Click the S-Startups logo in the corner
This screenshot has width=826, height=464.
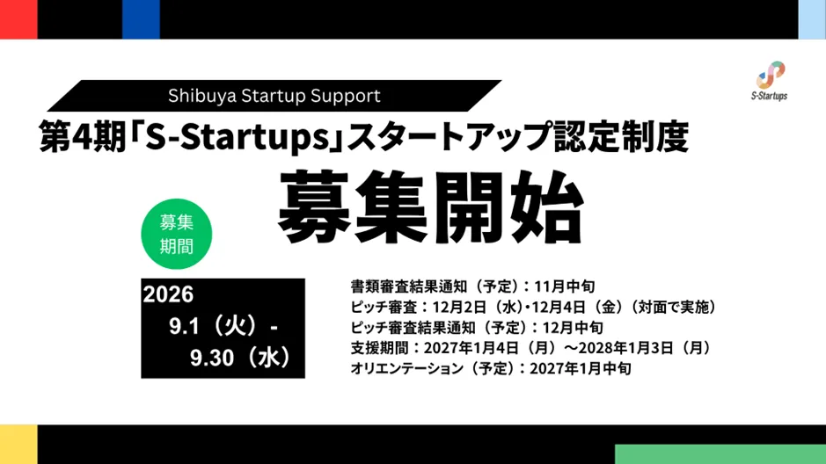(x=770, y=81)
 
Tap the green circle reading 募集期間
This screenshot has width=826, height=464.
(x=177, y=234)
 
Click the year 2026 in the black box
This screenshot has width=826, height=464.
(x=169, y=294)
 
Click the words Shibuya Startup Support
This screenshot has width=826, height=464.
(x=274, y=96)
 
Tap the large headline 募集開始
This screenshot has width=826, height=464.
(x=431, y=207)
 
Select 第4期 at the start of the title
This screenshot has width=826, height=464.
(x=83, y=137)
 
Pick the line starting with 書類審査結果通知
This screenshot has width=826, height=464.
(x=472, y=286)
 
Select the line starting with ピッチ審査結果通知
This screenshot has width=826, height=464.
(x=477, y=327)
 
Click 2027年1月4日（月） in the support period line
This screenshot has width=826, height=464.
(x=490, y=348)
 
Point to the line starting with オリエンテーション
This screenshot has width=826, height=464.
(x=491, y=368)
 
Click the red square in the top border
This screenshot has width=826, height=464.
(x=18, y=19)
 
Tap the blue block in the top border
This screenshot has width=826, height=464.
(x=141, y=19)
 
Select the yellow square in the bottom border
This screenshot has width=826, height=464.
(x=18, y=445)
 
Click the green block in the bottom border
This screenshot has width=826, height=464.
(x=720, y=454)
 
